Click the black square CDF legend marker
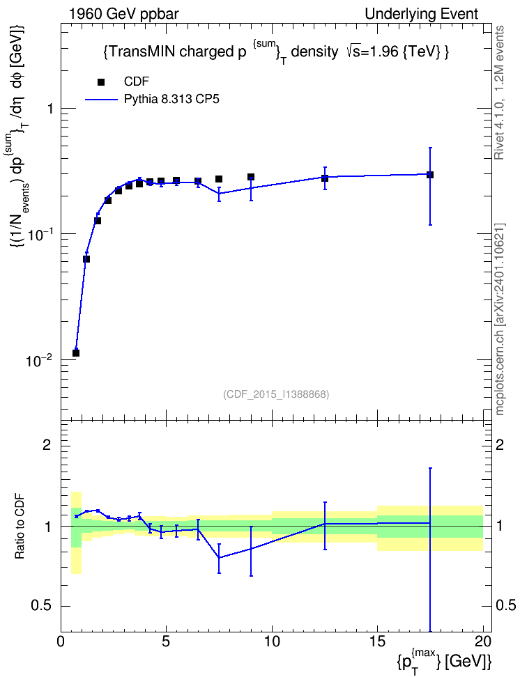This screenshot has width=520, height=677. pyautogui.click(x=100, y=82)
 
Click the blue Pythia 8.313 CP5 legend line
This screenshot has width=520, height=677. pyautogui.click(x=100, y=100)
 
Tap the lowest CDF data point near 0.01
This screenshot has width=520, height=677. pyautogui.click(x=76, y=352)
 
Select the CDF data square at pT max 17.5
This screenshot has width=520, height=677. pyautogui.click(x=429, y=175)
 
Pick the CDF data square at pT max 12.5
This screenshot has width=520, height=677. pyautogui.click(x=325, y=178)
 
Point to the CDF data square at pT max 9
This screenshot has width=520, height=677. pyautogui.click(x=251, y=177)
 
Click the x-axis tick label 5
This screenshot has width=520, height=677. pyautogui.click(x=167, y=641)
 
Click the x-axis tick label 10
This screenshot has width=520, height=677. pyautogui.click(x=272, y=641)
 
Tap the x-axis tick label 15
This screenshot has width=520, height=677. pyautogui.click(x=377, y=641)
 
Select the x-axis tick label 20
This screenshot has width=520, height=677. pyautogui.click(x=483, y=641)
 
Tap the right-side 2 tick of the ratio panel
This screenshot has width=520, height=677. pyautogui.click(x=500, y=444)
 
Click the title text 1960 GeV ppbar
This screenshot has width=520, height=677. pyautogui.click(x=123, y=14)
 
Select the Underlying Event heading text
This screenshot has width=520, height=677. pyautogui.click(x=422, y=14)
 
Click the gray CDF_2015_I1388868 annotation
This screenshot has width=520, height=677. pyautogui.click(x=276, y=394)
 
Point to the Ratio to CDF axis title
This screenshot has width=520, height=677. pyautogui.click(x=20, y=526)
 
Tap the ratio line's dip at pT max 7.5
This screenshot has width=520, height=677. pyautogui.click(x=219, y=557)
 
